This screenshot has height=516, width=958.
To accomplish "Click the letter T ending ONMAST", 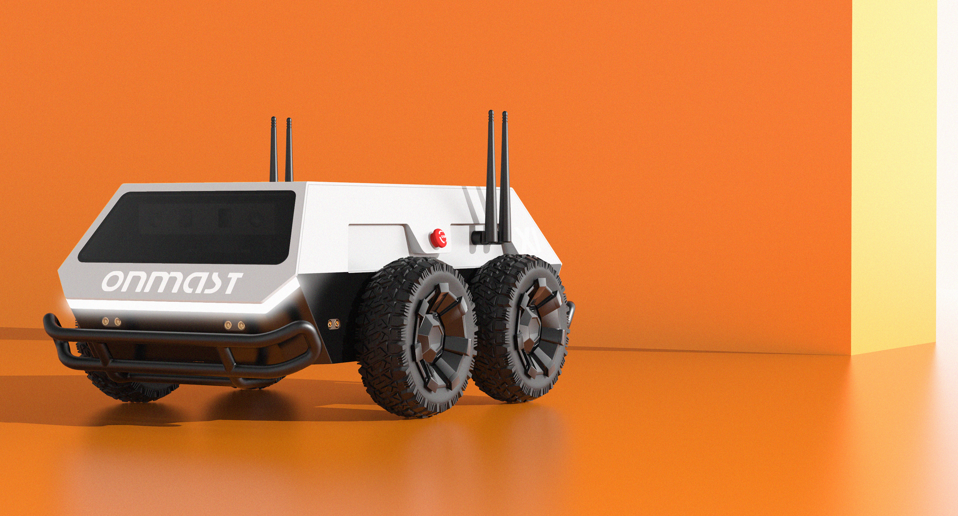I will click(x=230, y=284).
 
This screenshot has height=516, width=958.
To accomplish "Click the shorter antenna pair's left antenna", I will click(x=274, y=149).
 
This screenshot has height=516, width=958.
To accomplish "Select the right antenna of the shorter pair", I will click(x=289, y=149).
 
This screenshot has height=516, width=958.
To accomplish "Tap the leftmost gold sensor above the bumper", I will click(x=105, y=321).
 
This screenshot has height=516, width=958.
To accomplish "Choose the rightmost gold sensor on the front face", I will click(x=241, y=325).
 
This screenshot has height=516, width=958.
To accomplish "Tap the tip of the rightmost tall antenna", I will click(x=505, y=114).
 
